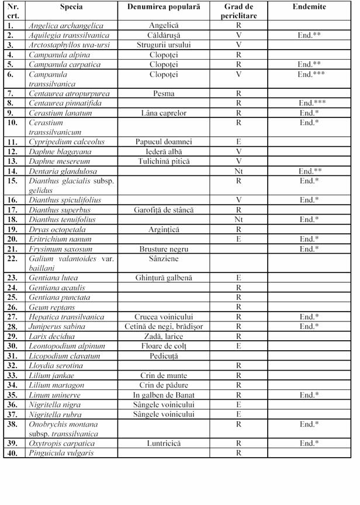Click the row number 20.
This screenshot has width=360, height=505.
click(12, 238)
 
